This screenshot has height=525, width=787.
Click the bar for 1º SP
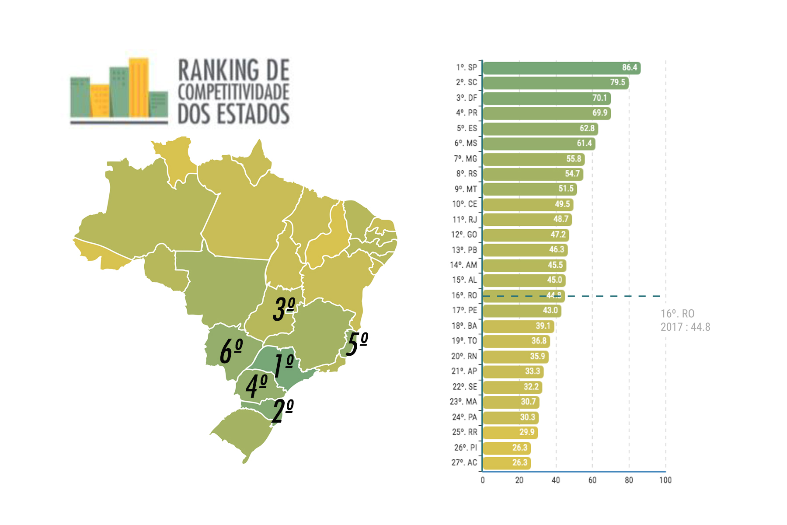561,68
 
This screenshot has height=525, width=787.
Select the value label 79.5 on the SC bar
617,83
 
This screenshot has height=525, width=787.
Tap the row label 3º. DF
467,98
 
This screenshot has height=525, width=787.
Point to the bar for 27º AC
506,463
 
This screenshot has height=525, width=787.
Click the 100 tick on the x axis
665,480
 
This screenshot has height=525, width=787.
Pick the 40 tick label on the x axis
556,480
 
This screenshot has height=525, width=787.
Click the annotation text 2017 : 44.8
685,327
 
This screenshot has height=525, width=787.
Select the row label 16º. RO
464,295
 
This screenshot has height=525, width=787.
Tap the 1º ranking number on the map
283,365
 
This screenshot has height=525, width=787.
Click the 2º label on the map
282,411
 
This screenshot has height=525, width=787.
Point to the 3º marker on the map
284,309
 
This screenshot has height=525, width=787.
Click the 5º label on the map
357,343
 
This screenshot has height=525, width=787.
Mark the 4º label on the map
256,386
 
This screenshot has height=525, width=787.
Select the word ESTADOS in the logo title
253,114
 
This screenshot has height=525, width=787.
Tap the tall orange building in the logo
139,87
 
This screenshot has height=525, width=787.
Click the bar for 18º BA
518,326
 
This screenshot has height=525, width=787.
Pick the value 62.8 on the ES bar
587,129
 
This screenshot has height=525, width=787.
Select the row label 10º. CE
464,204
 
